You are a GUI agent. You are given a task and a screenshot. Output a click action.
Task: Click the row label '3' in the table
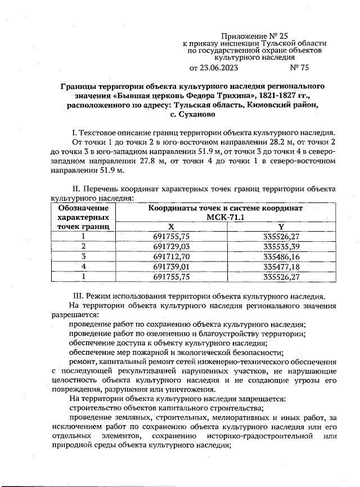(83, 256)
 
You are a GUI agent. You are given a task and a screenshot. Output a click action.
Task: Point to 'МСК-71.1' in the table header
(226, 217)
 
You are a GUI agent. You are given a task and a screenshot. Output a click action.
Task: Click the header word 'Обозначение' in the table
(83, 208)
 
